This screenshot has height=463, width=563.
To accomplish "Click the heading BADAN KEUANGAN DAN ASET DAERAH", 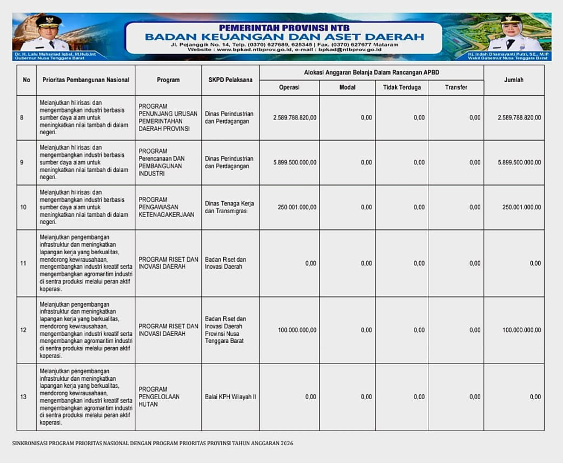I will pyautogui.click(x=284, y=37).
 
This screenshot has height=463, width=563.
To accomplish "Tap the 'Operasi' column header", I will pyautogui.click(x=289, y=87).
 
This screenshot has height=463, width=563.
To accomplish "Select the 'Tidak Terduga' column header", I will pyautogui.click(x=401, y=87).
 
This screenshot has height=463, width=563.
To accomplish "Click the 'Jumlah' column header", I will pyautogui.click(x=513, y=80).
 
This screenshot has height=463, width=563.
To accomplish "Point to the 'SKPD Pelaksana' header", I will pyautogui.click(x=230, y=80).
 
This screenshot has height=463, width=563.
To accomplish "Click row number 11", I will pyautogui.click(x=23, y=263).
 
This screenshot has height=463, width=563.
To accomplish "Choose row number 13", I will pyautogui.click(x=23, y=397).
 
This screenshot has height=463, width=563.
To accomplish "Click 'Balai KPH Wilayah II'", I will pyautogui.click(x=230, y=397).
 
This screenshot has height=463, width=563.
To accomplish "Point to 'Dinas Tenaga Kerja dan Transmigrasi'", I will pyautogui.click(x=229, y=207).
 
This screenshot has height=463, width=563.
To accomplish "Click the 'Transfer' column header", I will pyautogui.click(x=456, y=87).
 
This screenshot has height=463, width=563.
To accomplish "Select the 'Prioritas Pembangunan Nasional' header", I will pyautogui.click(x=85, y=80).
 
